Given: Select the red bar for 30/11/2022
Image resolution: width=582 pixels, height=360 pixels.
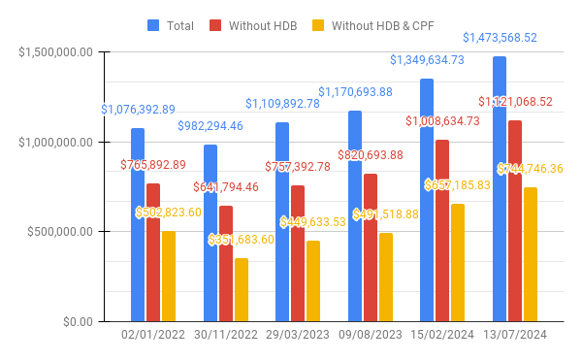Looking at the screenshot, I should [225, 263].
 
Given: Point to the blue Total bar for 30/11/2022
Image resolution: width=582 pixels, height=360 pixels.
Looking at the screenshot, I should [210, 233].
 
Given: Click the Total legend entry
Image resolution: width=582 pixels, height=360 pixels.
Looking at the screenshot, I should [171, 26].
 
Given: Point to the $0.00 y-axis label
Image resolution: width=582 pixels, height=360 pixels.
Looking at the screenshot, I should [75, 321].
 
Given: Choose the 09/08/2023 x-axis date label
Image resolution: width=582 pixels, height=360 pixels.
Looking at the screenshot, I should [371, 336].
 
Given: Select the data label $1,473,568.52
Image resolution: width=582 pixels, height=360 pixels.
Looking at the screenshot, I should [500, 38].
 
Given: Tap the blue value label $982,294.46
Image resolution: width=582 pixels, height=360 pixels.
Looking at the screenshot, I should [210, 126].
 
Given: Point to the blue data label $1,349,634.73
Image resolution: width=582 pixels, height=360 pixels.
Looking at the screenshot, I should [440, 60].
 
